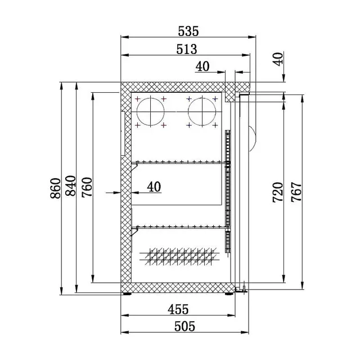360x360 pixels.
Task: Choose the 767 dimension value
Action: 296,192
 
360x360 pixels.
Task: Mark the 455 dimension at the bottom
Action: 178,309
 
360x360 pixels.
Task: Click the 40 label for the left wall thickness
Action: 154,186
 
